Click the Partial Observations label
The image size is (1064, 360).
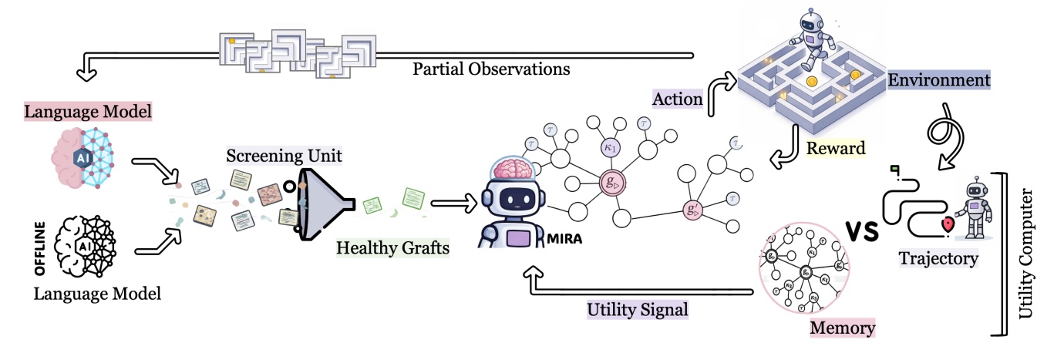coord(491,69)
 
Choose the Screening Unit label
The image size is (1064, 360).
coord(285,156)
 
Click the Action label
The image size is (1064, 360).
coord(677,98)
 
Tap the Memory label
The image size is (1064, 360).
coord(843,328)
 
